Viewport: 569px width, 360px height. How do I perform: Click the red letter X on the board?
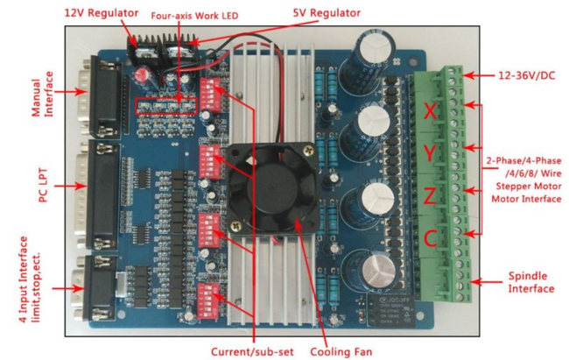(x=429, y=112)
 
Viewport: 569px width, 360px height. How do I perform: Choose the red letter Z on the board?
(x=429, y=194)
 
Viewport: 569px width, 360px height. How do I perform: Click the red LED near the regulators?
(x=141, y=77)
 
